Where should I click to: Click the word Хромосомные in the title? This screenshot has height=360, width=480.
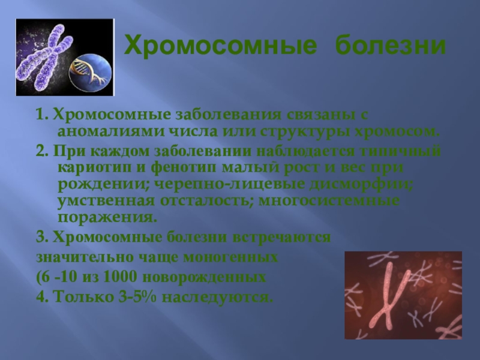(221, 46)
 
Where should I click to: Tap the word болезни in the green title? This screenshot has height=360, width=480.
(391, 46)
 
